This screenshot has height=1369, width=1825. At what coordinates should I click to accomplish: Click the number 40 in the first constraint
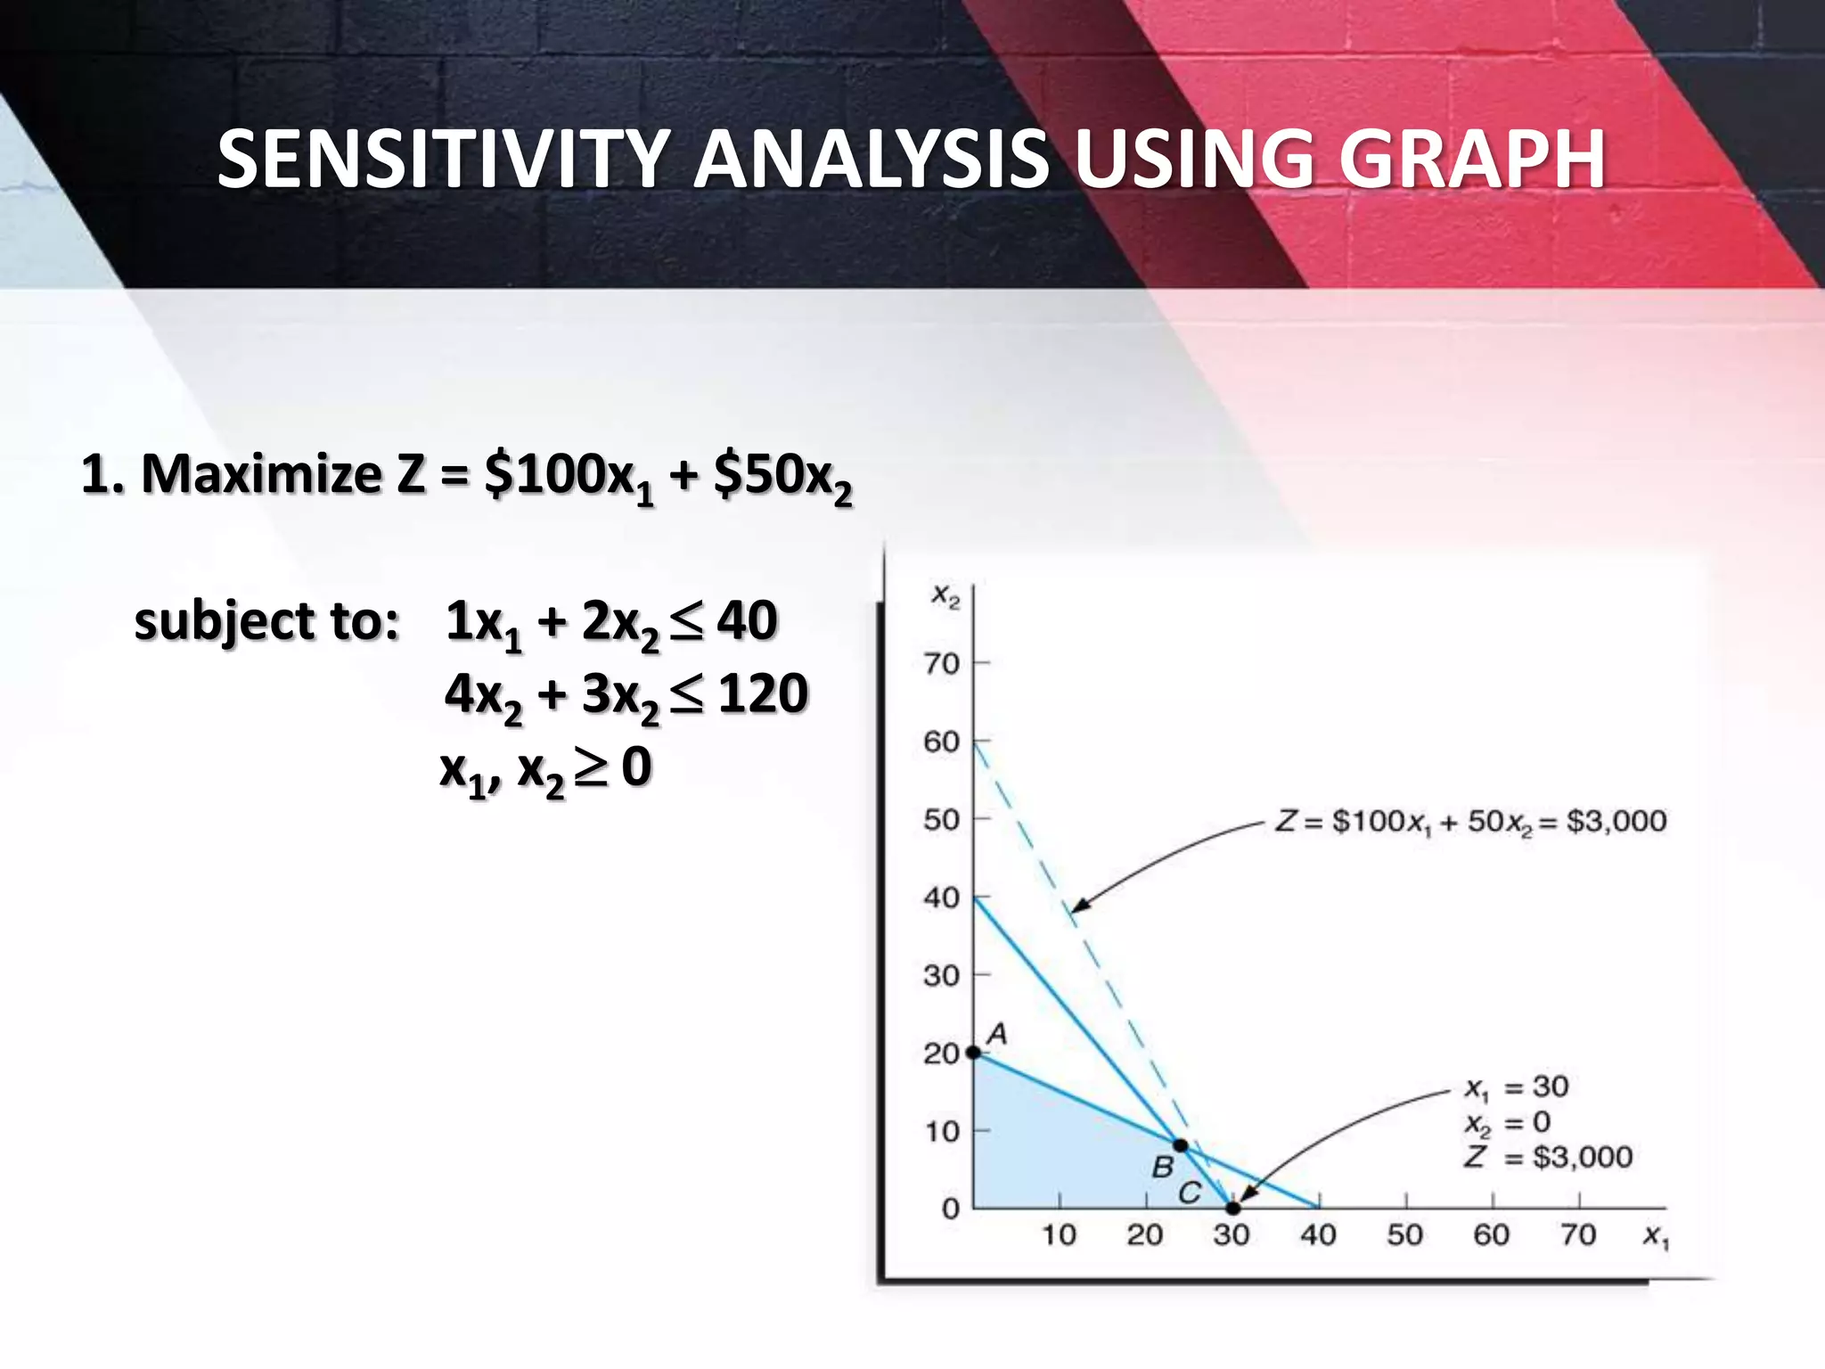coord(747,620)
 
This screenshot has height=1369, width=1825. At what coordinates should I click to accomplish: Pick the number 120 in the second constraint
coord(763,693)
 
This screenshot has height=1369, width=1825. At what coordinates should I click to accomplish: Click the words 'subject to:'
coord(266,621)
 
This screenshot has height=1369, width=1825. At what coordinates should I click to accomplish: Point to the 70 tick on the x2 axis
coord(941,664)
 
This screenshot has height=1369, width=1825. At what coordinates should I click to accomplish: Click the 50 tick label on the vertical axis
coord(941,820)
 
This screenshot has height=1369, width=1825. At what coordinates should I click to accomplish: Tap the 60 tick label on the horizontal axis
coord(1491,1235)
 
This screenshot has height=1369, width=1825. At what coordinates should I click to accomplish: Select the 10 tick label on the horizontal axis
coord(1059,1235)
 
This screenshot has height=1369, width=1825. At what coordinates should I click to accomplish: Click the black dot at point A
coord(974,1053)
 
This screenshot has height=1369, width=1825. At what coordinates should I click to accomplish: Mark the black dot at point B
coord(1180,1145)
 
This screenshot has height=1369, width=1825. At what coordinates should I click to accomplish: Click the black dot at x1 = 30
coord(1232,1209)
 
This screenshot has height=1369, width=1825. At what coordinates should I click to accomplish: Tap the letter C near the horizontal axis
coord(1190,1193)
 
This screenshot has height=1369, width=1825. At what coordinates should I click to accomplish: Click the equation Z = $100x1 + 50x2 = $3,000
coord(1470,821)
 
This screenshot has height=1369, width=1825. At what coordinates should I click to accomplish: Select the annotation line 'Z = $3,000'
coord(1549,1157)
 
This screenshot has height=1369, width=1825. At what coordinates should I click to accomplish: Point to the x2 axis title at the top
coord(945,595)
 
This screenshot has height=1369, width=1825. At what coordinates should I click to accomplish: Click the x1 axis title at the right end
coord(1656,1236)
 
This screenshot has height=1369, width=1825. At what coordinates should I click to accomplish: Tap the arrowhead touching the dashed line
coord(1078,906)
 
